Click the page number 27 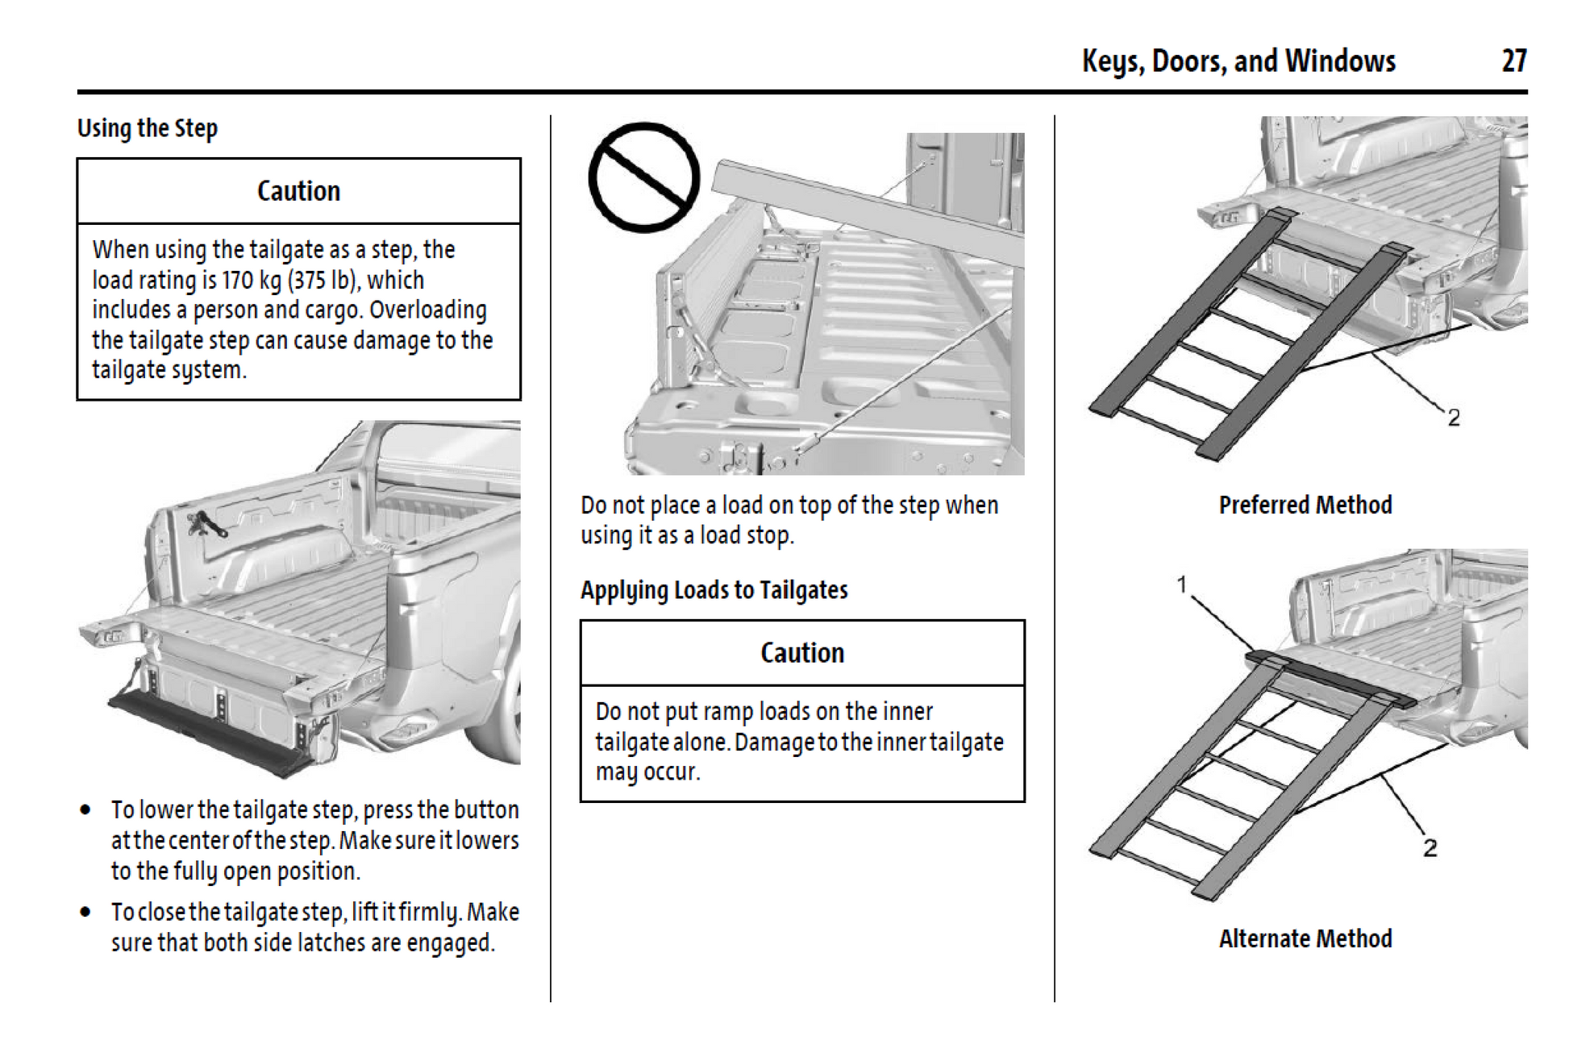[x=1513, y=61]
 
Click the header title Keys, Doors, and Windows [x=1238, y=61]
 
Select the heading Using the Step [x=148, y=128]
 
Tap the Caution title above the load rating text [x=298, y=191]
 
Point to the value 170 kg [x=251, y=280]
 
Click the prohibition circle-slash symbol [x=643, y=177]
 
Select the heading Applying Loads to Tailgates [x=714, y=590]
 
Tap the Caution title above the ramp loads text [x=802, y=653]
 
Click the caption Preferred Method [x=1305, y=505]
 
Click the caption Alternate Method [x=1305, y=939]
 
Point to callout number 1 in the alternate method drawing [x=1182, y=584]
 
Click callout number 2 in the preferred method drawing [x=1453, y=418]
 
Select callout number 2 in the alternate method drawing [x=1430, y=847]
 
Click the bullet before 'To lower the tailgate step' [x=85, y=809]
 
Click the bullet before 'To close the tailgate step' [x=85, y=912]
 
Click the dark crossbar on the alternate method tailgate [x=1330, y=680]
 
